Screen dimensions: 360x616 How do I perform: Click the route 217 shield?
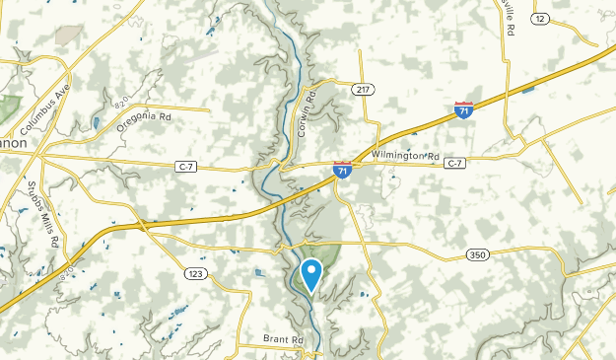(x=363, y=89)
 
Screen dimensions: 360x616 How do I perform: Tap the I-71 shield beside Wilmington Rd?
(x=342, y=171)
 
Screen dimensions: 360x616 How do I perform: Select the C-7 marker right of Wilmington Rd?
(x=454, y=163)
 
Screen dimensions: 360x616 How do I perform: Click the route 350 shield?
(x=477, y=255)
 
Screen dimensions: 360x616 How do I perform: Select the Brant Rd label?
(x=283, y=339)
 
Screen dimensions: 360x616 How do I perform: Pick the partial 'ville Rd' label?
(x=509, y=18)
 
